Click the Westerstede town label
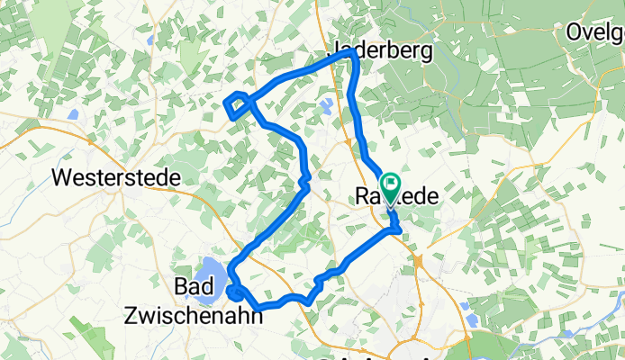click(117, 177)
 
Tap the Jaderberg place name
click(383, 50)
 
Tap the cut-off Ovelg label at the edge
click(595, 33)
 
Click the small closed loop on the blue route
click(237, 105)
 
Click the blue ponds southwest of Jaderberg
click(325, 107)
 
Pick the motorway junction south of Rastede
click(420, 261)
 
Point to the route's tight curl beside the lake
click(235, 292)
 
